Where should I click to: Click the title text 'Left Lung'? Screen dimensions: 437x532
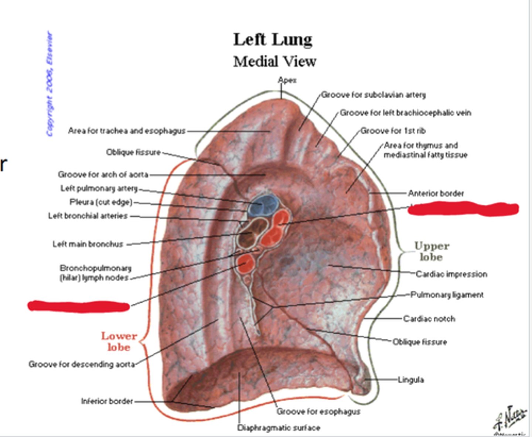click(x=273, y=40)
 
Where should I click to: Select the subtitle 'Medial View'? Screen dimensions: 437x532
click(x=274, y=61)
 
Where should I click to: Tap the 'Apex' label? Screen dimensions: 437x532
click(x=287, y=80)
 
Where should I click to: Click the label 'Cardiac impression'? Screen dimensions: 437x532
click(x=451, y=274)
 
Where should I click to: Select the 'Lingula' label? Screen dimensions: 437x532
click(x=410, y=379)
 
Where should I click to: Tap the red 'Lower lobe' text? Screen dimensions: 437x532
click(x=119, y=341)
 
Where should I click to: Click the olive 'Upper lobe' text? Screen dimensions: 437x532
click(x=432, y=251)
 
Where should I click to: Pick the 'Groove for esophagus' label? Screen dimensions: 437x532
click(x=318, y=411)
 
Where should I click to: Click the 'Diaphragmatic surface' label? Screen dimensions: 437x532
click(x=279, y=428)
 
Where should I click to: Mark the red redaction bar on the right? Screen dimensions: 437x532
click(x=463, y=209)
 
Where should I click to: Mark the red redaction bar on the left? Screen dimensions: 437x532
click(x=79, y=306)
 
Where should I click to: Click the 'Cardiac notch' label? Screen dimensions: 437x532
click(x=429, y=318)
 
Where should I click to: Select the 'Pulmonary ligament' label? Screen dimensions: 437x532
click(x=447, y=295)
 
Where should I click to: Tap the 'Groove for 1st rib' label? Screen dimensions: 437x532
click(x=393, y=131)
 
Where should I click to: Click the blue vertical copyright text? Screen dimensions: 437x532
click(x=50, y=84)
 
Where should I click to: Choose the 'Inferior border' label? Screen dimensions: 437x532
click(x=107, y=401)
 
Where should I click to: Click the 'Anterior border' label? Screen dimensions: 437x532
click(x=436, y=193)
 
